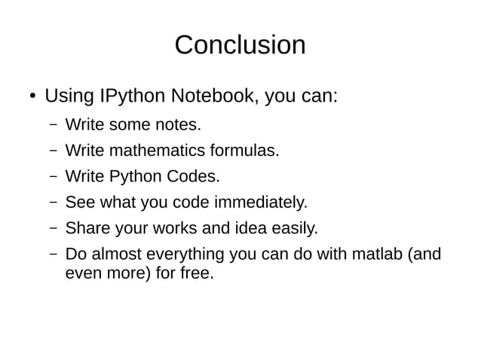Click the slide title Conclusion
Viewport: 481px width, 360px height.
pyautogui.click(x=240, y=45)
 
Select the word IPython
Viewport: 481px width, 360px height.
pyautogui.click(x=131, y=97)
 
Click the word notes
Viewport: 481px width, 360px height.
pyautogui.click(x=179, y=124)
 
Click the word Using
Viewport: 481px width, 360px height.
pyautogui.click(x=69, y=97)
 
